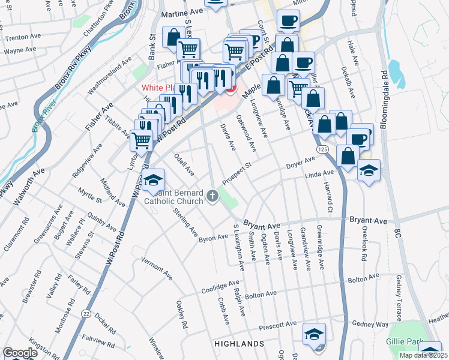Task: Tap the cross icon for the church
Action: point(212,195)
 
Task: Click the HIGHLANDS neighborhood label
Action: point(240,343)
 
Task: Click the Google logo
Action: point(20,353)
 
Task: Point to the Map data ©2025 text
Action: point(423,355)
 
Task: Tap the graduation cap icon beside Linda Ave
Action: point(368,169)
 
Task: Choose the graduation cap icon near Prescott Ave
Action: point(314,334)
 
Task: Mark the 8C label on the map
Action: point(397,233)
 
